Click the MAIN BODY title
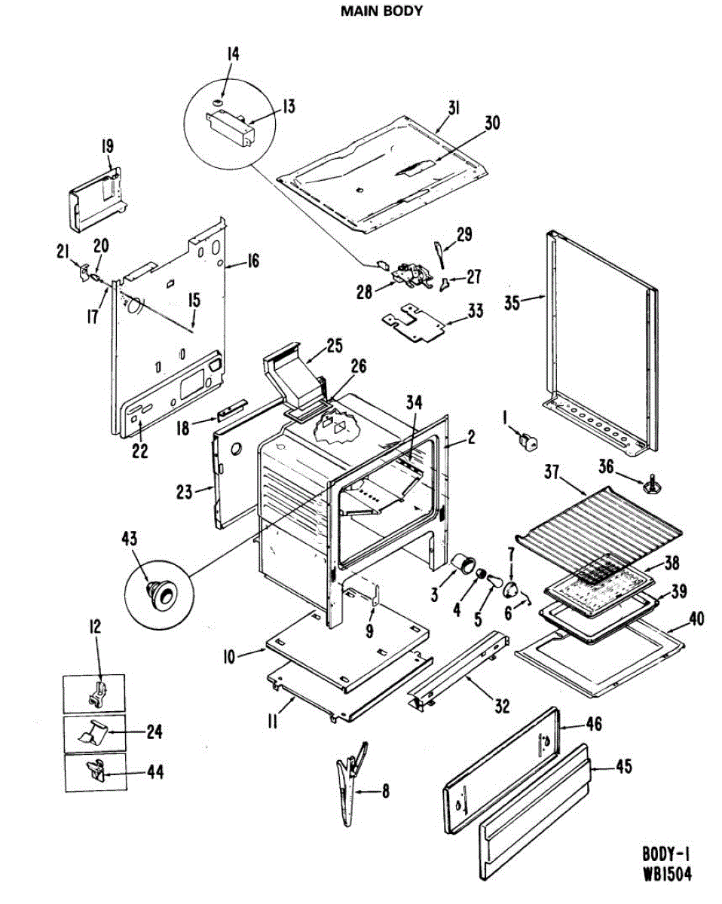tap(381, 11)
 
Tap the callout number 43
tap(130, 538)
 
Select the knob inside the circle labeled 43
tap(160, 591)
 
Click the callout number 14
tap(233, 53)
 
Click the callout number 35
tap(512, 304)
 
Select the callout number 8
tap(386, 792)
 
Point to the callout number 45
tap(623, 767)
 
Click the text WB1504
tap(666, 875)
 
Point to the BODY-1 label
tap(666, 854)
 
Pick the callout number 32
tap(502, 706)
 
